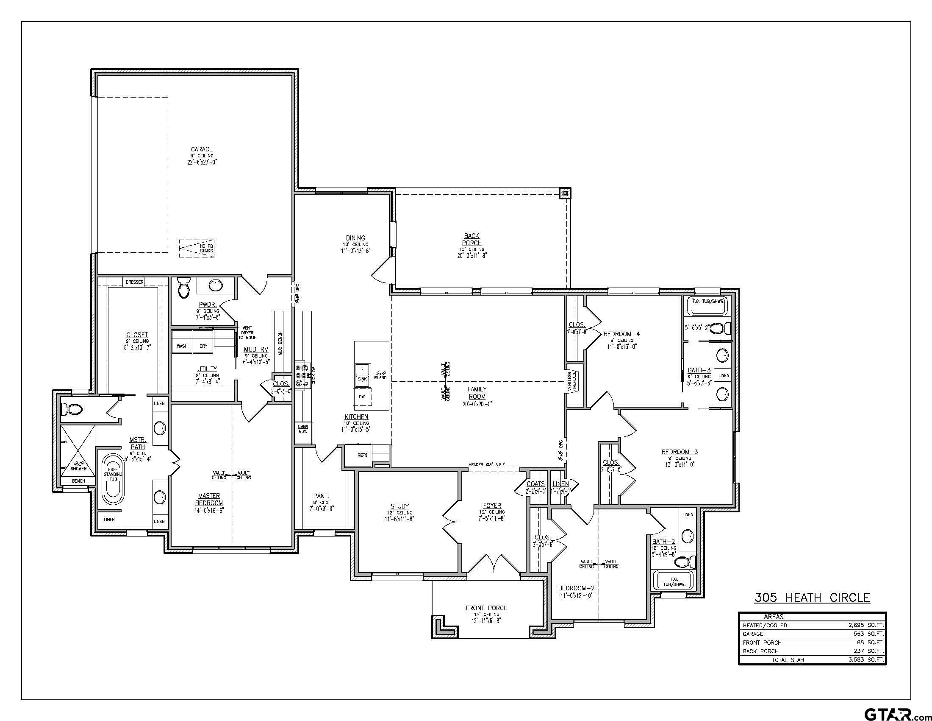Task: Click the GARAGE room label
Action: [x=201, y=149]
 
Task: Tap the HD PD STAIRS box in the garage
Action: [x=197, y=248]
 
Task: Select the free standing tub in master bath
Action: [x=113, y=480]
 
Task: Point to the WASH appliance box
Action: [x=182, y=346]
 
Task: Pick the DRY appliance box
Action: [x=203, y=346]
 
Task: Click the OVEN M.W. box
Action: [x=302, y=428]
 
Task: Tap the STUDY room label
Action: [x=399, y=506]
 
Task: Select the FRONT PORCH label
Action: [x=486, y=608]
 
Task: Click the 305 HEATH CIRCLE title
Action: [x=812, y=597]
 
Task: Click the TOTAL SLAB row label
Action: [x=788, y=660]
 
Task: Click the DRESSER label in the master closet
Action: [x=134, y=282]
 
